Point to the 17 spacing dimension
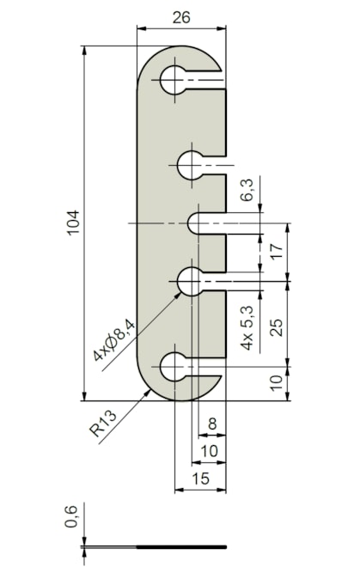(275, 253)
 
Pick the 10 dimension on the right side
(275, 383)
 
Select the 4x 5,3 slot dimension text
(248, 329)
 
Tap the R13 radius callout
(103, 424)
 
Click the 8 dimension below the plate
(212, 424)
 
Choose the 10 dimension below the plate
(209, 450)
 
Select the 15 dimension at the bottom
(200, 477)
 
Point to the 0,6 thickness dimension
(73, 517)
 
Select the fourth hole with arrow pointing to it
(189, 280)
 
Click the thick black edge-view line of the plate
(181, 546)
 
